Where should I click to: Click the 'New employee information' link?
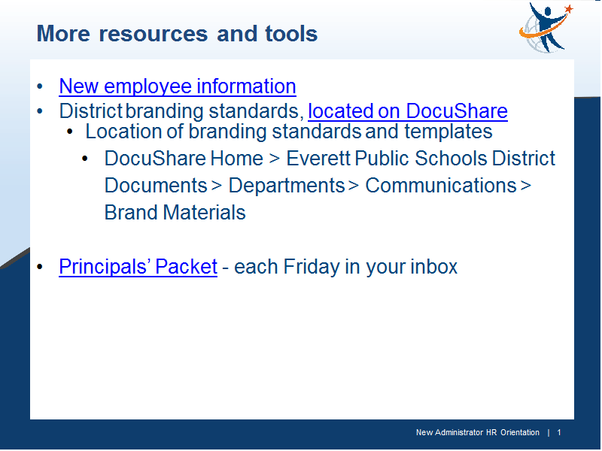pos(178,86)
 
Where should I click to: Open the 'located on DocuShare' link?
pos(408,111)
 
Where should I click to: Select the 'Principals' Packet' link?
pos(138,267)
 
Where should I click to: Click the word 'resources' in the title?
pos(154,34)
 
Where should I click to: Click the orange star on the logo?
pos(569,9)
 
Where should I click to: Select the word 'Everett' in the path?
pos(318,159)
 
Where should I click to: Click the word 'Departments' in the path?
pos(287,186)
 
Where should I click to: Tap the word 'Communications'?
pos(441,186)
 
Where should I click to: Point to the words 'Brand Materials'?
pos(175,213)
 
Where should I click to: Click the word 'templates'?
pos(448,132)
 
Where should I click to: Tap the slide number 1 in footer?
pos(559,433)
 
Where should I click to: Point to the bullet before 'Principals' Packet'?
pos(40,267)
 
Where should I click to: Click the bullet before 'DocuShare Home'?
pos(85,159)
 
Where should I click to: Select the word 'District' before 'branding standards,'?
pos(90,111)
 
